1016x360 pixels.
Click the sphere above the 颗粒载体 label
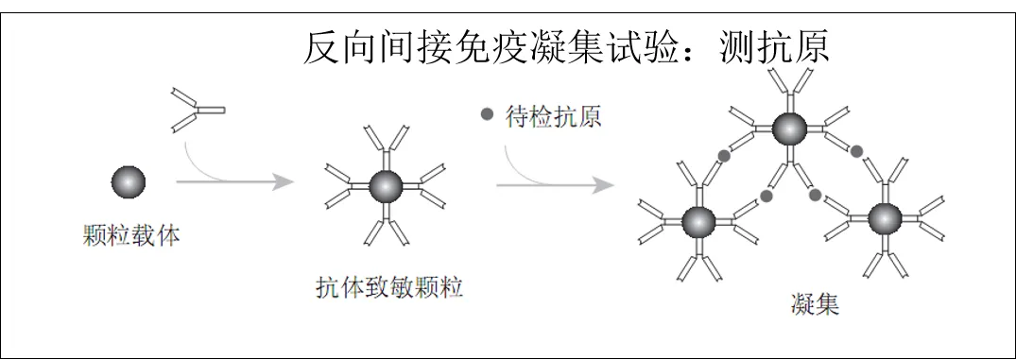(129, 180)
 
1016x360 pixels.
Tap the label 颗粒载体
(130, 236)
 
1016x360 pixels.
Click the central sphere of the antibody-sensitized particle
(385, 187)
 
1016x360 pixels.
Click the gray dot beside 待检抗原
(488, 115)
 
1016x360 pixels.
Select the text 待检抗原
(553, 116)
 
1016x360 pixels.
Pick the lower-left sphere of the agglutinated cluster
(698, 221)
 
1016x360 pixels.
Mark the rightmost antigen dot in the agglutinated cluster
(856, 150)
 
